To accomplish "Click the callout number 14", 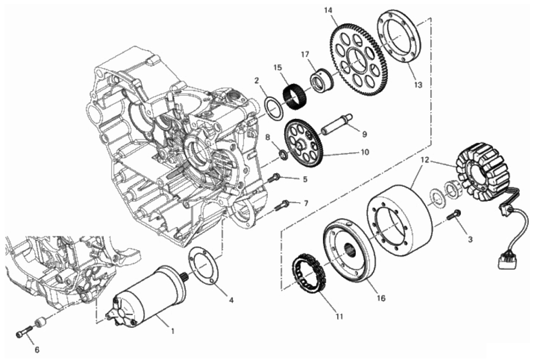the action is click(328, 10).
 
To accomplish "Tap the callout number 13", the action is click(418, 85).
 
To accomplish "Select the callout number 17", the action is click(305, 54).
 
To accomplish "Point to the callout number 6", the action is click(37, 350).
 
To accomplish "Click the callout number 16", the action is click(381, 298).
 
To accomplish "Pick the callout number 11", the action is click(339, 317).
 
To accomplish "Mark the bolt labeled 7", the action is click(283, 204).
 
